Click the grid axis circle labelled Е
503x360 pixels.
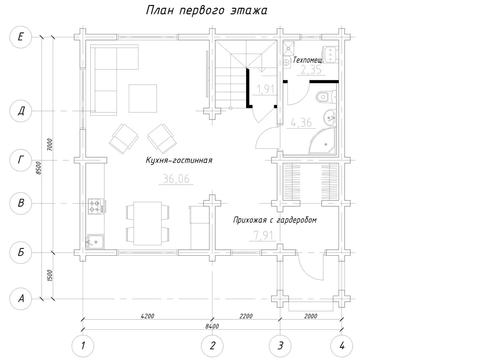click(x=21, y=37)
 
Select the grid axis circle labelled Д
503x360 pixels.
click(x=21, y=111)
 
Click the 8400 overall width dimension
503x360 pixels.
click(x=212, y=326)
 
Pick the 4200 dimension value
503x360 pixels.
click(x=147, y=316)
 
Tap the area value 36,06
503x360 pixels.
click(x=176, y=179)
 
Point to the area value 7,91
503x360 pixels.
click(x=263, y=236)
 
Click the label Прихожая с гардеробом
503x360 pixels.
click(x=275, y=220)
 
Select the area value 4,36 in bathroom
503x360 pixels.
click(x=301, y=123)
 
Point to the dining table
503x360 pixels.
click(x=147, y=223)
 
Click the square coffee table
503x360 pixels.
click(x=143, y=98)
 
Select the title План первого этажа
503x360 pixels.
click(x=206, y=11)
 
